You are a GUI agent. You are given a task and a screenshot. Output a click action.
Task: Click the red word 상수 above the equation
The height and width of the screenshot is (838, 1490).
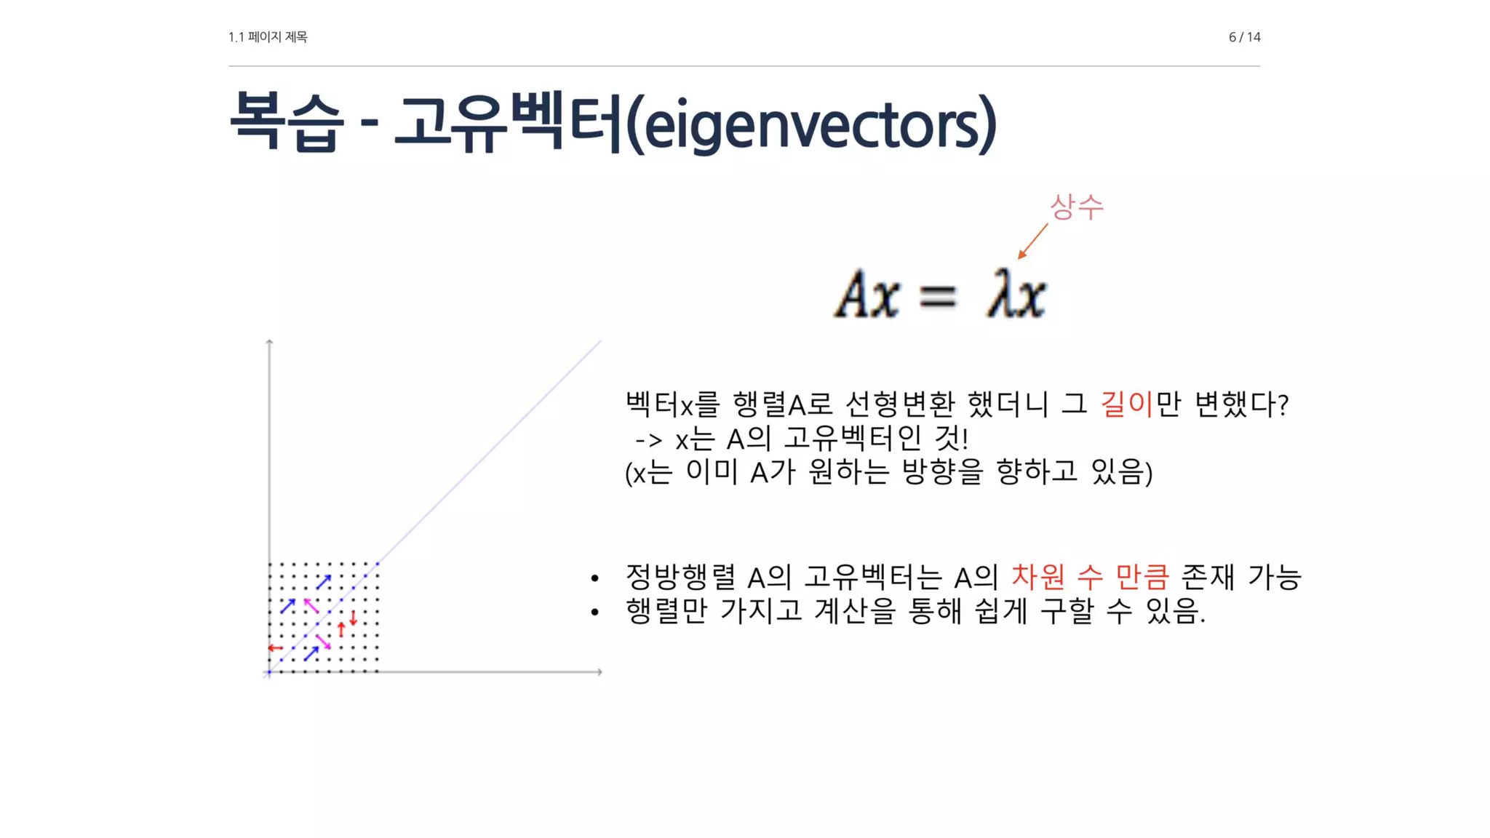coord(1076,207)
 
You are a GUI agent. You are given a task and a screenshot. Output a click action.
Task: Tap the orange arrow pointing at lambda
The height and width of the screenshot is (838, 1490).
coord(1032,241)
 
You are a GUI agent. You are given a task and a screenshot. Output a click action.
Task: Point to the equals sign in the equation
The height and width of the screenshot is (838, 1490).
coord(937,297)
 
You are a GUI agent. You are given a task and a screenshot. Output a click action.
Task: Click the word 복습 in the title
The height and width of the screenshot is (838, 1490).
coord(285,122)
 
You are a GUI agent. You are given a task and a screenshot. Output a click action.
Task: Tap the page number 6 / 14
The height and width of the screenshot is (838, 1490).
coord(1244,37)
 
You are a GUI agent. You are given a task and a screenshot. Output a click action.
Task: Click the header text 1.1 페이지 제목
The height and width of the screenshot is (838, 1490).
coord(268,37)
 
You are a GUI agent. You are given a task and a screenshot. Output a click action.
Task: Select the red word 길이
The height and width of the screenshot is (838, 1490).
coord(1126,404)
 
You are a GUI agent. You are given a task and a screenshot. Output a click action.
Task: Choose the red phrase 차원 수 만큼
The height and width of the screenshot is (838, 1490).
coord(1090,577)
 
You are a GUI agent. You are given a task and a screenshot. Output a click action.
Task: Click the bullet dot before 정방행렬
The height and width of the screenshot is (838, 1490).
coord(595,579)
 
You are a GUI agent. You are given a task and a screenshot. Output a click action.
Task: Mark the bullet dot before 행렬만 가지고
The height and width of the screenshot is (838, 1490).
coord(595,612)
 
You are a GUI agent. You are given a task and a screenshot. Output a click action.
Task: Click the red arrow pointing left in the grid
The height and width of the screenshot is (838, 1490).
coord(275,647)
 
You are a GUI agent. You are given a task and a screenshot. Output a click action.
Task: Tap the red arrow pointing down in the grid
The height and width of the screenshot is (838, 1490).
coord(354,618)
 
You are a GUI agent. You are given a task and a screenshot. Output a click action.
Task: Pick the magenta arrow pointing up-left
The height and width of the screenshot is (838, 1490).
coord(311,605)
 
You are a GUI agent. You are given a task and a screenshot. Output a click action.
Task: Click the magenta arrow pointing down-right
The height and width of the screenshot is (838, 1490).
coord(323,642)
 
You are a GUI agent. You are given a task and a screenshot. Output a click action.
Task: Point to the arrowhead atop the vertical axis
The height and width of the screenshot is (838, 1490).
coord(269,341)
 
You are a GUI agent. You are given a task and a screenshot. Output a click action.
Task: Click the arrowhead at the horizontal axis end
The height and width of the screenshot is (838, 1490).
coord(599,671)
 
